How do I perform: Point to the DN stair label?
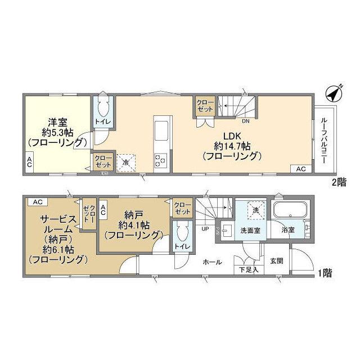(246, 121)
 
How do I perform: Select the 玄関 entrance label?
(276, 260)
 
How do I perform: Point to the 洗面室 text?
(249, 230)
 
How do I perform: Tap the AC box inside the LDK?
(300, 169)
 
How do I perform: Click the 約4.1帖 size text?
(133, 224)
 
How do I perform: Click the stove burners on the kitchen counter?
(160, 160)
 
